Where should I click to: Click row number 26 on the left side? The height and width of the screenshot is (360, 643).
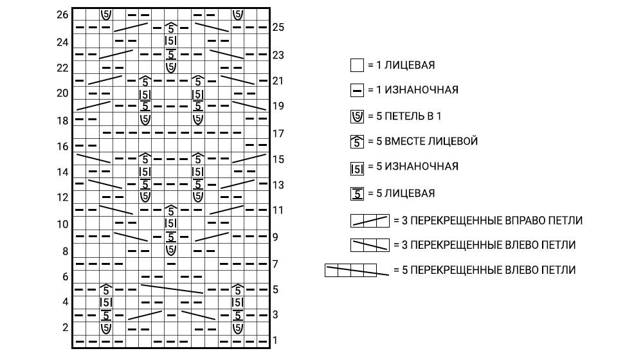pos(62,15)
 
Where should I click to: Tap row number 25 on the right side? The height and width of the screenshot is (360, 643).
pos(278,28)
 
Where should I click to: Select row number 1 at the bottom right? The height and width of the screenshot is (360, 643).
pos(275,340)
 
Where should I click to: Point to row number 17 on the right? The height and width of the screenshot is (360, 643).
pos(278,134)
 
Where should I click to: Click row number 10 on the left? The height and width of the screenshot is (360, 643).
pos(62,224)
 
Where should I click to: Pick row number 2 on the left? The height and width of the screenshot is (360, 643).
pos(65,328)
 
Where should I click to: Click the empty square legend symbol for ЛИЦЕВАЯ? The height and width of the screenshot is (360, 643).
pos(357,65)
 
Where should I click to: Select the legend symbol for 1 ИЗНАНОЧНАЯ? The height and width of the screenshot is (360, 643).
pos(357,90)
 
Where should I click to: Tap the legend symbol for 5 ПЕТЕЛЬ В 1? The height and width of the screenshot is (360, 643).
pos(357,116)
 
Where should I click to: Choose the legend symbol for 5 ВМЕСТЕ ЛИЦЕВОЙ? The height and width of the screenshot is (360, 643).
pos(357,141)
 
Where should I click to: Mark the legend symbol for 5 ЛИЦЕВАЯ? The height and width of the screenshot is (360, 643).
pos(357,194)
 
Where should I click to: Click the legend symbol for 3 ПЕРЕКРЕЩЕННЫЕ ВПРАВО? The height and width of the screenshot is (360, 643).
pos(370,221)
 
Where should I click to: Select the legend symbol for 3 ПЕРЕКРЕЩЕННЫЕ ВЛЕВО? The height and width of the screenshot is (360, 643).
pos(370,245)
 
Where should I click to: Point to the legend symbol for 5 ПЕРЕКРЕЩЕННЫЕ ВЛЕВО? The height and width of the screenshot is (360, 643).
pos(357,270)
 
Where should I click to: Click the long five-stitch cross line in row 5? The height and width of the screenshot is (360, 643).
pos(172,289)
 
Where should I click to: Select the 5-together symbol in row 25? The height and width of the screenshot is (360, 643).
pos(171,28)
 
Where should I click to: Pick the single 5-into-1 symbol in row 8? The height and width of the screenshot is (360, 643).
pos(171,250)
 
